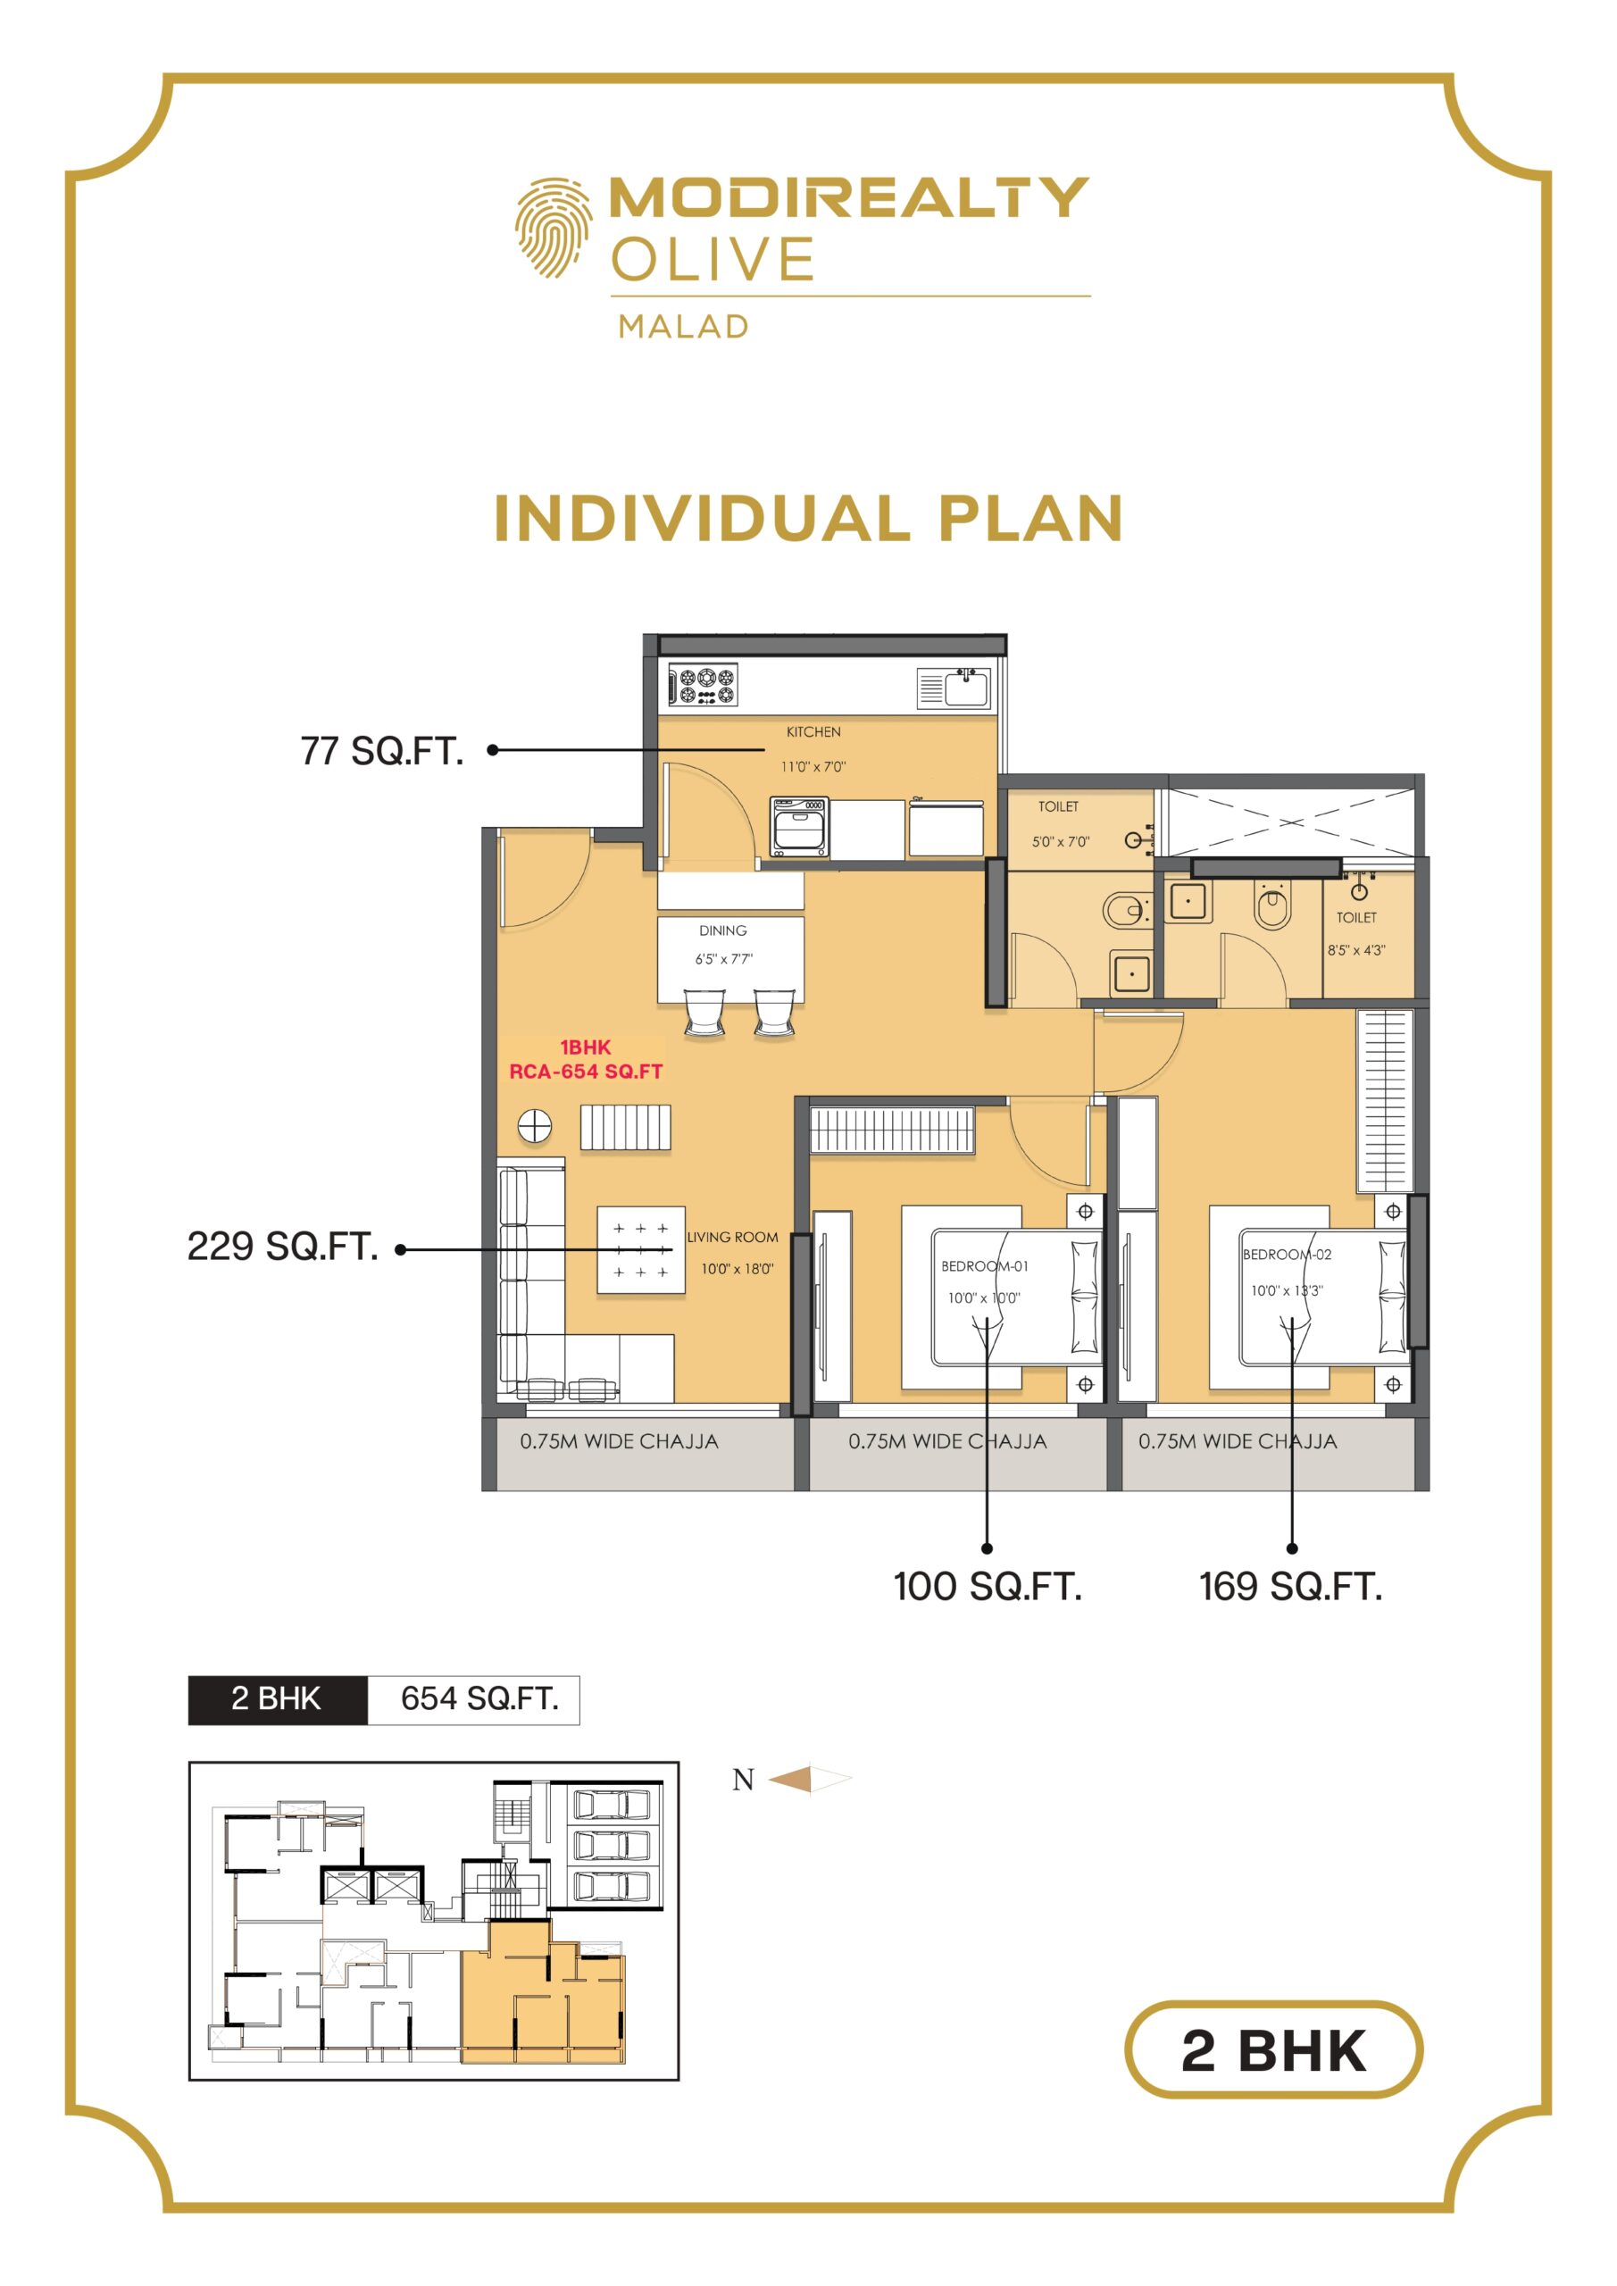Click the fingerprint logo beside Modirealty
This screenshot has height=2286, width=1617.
click(x=553, y=227)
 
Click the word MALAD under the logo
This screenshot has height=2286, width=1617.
click(x=683, y=327)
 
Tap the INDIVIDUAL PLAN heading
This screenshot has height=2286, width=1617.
click(x=809, y=519)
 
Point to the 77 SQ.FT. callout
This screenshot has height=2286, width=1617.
click(x=382, y=751)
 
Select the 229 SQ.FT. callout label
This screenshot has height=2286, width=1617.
click(x=283, y=1246)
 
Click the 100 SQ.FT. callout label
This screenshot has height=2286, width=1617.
click(x=987, y=1586)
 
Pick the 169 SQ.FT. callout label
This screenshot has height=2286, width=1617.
click(x=1290, y=1586)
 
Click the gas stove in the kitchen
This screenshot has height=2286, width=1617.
click(x=703, y=685)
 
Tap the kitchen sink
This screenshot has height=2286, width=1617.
click(x=953, y=687)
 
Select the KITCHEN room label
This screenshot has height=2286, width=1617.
click(x=813, y=732)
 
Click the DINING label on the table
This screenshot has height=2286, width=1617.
click(x=723, y=930)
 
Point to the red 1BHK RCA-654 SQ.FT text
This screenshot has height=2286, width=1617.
click(x=586, y=1059)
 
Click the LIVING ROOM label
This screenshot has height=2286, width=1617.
click(x=733, y=1237)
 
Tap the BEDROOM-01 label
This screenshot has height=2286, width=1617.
click(x=985, y=1265)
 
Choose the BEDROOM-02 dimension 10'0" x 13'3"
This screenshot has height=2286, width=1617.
click(x=1287, y=1290)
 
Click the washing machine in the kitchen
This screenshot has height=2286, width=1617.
click(x=799, y=825)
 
